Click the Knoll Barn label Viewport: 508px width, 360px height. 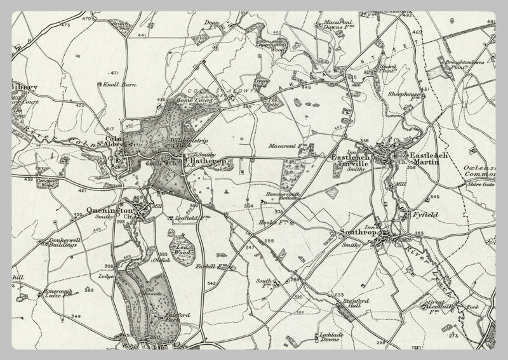[x=116, y=83]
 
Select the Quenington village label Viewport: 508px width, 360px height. [x=113, y=210]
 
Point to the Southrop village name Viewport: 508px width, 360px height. [x=361, y=232]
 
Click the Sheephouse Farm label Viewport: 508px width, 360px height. [x=405, y=95]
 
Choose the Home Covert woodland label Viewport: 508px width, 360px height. [x=192, y=99]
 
